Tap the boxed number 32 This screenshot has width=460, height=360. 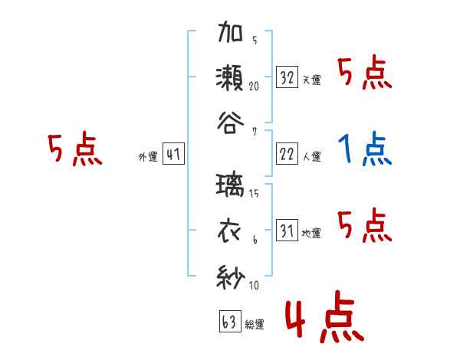click(x=287, y=77)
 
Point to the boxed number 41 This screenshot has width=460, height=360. click(x=173, y=155)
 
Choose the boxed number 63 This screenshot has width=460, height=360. click(x=229, y=322)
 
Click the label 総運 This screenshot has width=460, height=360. click(x=254, y=325)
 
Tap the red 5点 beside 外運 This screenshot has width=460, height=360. click(x=74, y=150)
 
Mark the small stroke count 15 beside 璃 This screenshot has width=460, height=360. click(x=254, y=194)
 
